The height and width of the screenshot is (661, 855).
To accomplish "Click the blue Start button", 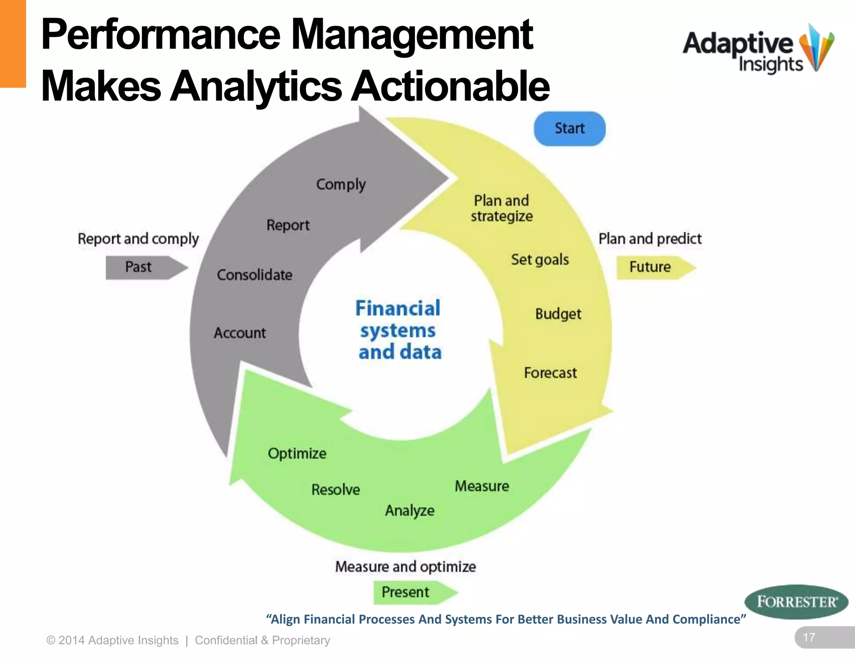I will (x=569, y=129).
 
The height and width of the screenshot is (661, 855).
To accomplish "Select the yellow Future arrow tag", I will (x=653, y=267).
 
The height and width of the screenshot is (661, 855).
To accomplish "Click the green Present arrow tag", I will (x=411, y=592).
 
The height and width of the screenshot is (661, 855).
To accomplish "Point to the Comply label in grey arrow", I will (x=341, y=184).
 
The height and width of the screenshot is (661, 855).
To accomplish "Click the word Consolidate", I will (x=255, y=275).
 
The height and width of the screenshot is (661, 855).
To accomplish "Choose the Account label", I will (x=240, y=333).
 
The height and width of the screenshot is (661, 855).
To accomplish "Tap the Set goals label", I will (x=540, y=259).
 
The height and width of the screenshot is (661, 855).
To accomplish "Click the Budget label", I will (x=558, y=314).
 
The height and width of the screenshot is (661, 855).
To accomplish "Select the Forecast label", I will (x=550, y=373).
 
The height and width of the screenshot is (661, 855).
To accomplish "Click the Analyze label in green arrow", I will (x=410, y=511).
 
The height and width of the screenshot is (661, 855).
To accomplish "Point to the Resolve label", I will (x=336, y=489).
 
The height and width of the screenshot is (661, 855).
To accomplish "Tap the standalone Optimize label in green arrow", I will (x=297, y=453).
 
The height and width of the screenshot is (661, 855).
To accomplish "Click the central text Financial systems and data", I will (x=399, y=330).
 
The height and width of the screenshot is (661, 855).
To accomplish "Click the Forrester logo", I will (x=796, y=602).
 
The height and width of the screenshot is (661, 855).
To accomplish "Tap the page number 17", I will (x=809, y=638).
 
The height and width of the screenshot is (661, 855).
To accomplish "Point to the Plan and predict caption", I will (x=650, y=239).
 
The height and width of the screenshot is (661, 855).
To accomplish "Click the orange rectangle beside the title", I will (x=13, y=43).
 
